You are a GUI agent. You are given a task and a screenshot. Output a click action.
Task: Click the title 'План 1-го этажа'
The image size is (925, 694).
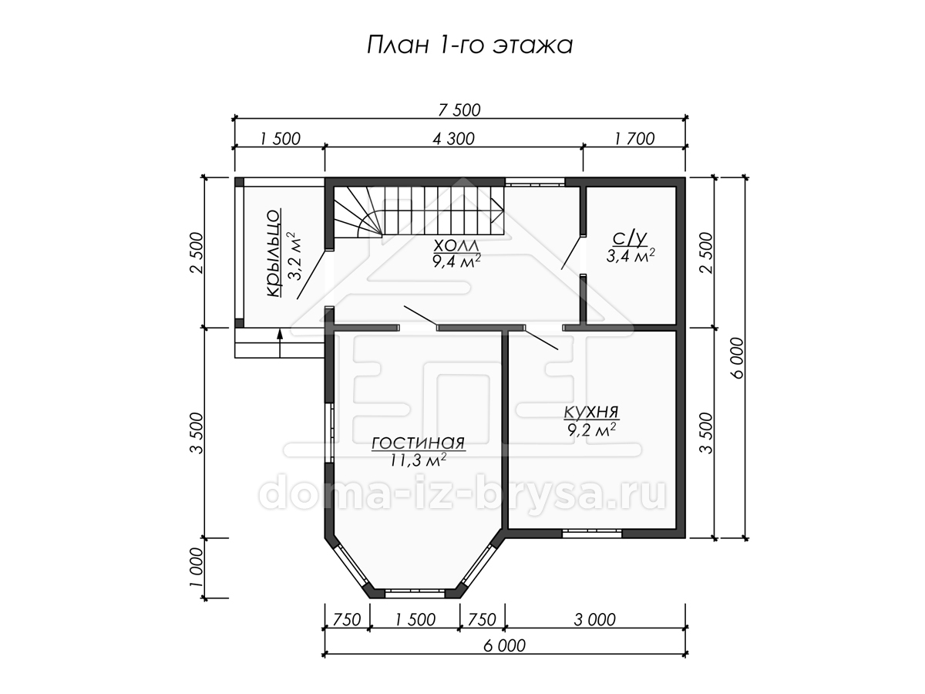[x=469, y=45]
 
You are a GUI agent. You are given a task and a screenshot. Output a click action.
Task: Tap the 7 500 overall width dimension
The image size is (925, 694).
[x=459, y=110]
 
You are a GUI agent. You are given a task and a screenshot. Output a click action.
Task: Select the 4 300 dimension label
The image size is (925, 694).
[x=453, y=139]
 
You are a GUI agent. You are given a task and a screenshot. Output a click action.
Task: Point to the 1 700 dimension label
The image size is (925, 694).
[x=634, y=139]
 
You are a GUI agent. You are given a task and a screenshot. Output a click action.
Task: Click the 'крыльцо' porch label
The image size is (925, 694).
[x=273, y=253]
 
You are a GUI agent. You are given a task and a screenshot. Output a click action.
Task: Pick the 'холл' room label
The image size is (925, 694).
[x=456, y=245]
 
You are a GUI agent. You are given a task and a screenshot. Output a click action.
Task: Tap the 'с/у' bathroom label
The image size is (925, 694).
[x=630, y=239]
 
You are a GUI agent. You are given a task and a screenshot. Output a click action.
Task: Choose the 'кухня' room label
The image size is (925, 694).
[x=591, y=412]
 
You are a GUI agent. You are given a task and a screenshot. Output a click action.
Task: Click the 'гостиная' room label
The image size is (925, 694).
[x=418, y=443]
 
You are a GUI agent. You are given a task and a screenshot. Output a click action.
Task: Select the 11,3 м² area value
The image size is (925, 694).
[x=418, y=460]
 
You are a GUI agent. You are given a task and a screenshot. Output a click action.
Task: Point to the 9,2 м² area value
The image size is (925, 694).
[x=592, y=430]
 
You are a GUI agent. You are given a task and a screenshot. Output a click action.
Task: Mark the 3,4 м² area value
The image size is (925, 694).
[x=631, y=255]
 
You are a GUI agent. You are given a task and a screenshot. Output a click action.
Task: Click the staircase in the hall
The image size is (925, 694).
[x=419, y=212]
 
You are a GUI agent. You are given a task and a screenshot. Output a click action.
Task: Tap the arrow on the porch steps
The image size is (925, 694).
[x=280, y=344]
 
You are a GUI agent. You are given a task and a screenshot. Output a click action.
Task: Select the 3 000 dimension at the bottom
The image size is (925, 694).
[x=594, y=620]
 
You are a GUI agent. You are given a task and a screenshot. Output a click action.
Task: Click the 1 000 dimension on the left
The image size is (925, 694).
[x=197, y=568]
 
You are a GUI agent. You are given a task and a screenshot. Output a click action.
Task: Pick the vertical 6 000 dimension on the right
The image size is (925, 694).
[x=738, y=358]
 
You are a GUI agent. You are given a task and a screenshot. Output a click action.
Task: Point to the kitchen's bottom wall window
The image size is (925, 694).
[x=592, y=534]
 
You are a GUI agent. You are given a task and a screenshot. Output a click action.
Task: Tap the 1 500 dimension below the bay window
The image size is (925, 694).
[x=415, y=620]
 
